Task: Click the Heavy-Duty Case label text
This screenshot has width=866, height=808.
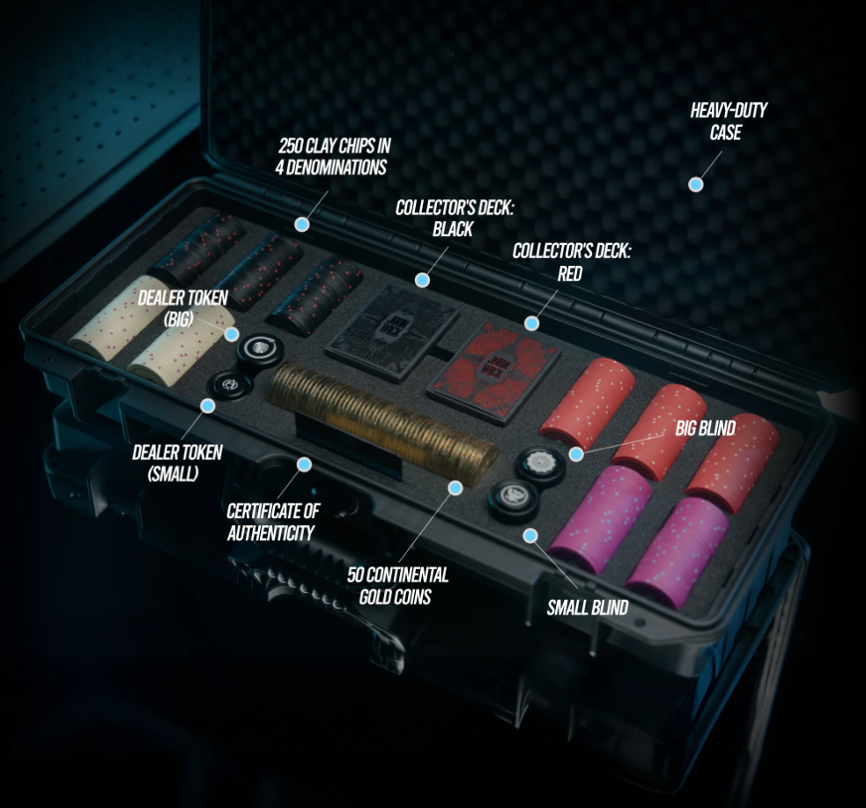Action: [728, 121]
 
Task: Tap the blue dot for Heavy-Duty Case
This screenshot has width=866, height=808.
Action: [696, 184]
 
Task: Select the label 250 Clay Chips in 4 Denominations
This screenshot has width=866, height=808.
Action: [332, 156]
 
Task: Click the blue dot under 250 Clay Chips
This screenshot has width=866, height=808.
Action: [301, 224]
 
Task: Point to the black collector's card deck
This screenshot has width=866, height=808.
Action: [393, 331]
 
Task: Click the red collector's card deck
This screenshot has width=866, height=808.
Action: [493, 374]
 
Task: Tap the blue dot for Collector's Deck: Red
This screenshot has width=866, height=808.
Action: [531, 323]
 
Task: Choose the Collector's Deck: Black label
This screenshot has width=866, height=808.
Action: [454, 219]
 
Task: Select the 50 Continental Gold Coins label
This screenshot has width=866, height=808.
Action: [397, 586]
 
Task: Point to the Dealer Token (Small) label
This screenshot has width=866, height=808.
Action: [176, 463]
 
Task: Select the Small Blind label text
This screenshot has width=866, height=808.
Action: [587, 608]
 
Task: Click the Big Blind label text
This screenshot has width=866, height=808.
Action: [706, 428]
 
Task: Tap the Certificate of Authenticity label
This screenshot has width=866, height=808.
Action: [273, 522]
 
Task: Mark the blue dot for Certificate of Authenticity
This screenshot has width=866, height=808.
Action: [304, 464]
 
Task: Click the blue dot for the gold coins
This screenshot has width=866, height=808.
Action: [455, 487]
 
